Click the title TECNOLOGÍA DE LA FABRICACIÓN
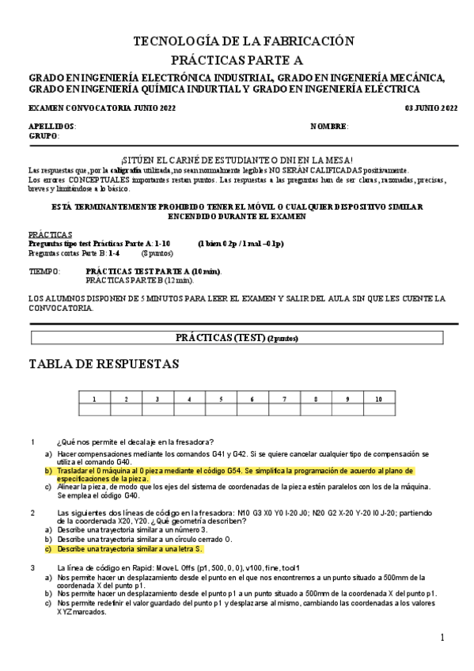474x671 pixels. tap(243, 41)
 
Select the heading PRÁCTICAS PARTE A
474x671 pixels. tap(243, 60)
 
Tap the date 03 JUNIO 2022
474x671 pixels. tap(431, 108)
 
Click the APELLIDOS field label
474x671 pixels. tap(52, 127)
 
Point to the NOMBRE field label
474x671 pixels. tap(329, 127)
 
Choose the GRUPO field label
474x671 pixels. tap(44, 136)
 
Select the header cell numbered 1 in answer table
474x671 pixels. tap(94, 399)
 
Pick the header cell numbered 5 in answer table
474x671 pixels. tap(220, 399)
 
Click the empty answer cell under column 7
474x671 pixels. tap(283, 409)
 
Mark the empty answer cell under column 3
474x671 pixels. tap(157, 409)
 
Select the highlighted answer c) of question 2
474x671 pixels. tap(130, 548)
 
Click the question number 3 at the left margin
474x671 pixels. tap(32, 567)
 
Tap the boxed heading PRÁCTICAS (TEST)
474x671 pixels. tap(237, 338)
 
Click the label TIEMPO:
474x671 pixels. tap(44, 271)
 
